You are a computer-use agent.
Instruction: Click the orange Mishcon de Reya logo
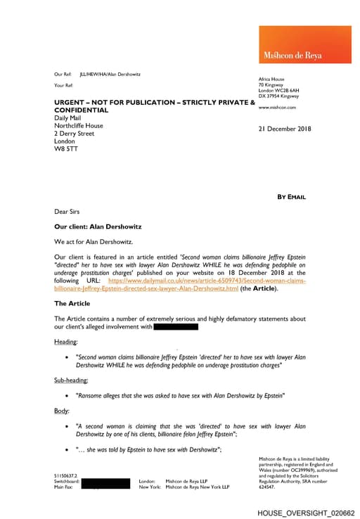[304, 45]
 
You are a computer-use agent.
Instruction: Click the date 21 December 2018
[284, 129]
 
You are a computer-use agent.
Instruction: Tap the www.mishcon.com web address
[277, 108]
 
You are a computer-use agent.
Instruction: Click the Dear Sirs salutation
[67, 211]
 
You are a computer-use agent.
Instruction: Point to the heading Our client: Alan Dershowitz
[98, 227]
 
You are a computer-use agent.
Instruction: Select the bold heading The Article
[72, 303]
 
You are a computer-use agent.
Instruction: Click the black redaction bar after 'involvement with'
[175, 326]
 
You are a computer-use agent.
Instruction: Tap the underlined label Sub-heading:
[71, 380]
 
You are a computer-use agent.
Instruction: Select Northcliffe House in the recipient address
[79, 126]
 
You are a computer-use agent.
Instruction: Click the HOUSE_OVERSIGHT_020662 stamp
[305, 513]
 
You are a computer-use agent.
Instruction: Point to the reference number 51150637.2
[66, 475]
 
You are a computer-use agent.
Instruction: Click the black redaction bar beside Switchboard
[105, 483]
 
